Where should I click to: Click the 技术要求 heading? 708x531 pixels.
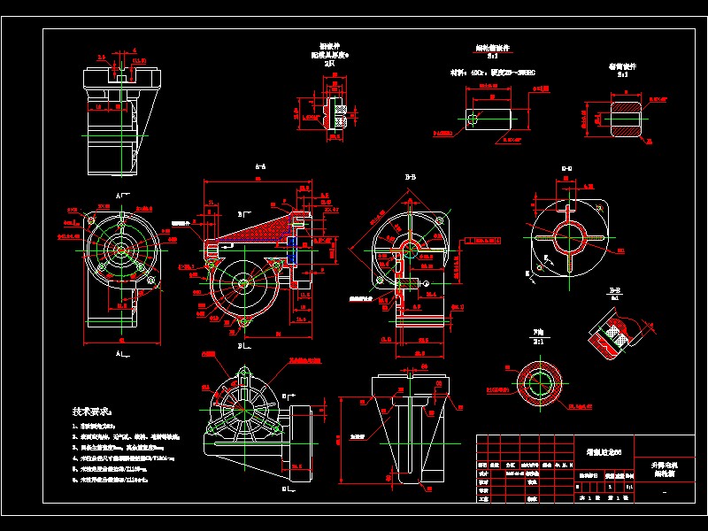click(x=93, y=412)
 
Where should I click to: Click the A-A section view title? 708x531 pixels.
click(x=261, y=166)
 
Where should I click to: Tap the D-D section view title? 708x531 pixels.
click(x=566, y=168)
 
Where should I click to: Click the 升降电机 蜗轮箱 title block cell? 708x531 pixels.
click(x=666, y=468)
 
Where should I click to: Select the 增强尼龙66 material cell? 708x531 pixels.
click(x=604, y=451)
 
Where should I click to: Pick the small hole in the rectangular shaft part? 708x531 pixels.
click(x=475, y=118)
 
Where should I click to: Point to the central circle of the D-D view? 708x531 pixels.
click(x=566, y=235)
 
